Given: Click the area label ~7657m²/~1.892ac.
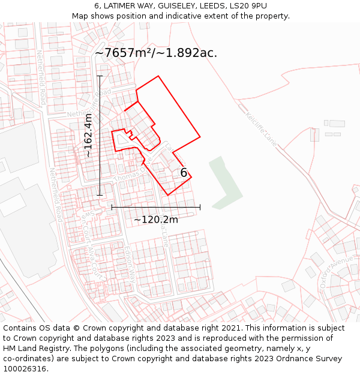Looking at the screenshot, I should (156, 53).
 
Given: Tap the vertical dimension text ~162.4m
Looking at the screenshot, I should (88, 136).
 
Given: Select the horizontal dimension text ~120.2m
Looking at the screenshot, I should (156, 220).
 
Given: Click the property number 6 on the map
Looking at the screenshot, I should (184, 173).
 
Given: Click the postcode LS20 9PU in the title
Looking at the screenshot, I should (247, 6).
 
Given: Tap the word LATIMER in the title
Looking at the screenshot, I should (120, 6).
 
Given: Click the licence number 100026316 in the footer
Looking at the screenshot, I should (24, 369).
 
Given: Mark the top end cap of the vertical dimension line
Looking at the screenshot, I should (100, 76).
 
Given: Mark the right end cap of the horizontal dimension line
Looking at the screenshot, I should (200, 207).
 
